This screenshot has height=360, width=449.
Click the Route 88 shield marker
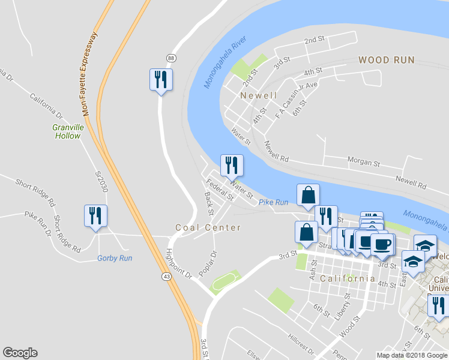click(x=172, y=58)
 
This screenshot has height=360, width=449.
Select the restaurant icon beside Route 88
click(x=161, y=80)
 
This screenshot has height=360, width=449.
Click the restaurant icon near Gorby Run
click(x=95, y=216)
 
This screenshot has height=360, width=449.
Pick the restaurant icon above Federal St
click(x=231, y=165)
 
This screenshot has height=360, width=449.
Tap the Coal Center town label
click(x=208, y=227)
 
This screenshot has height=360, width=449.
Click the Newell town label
click(x=259, y=95)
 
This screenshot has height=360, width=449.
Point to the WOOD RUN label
click(x=387, y=60)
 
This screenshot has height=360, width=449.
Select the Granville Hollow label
click(x=66, y=131)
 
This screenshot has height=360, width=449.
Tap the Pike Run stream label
click(x=274, y=203)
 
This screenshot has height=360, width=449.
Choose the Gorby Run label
click(x=115, y=258)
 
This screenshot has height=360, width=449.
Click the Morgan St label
click(x=364, y=162)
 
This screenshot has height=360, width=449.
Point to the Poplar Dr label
click(x=206, y=263)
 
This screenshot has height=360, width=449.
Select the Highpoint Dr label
click(x=178, y=263)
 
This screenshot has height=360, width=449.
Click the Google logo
click(x=20, y=353)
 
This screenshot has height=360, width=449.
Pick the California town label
click(x=348, y=278)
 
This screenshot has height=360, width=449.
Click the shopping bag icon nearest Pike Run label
click(x=308, y=195)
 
